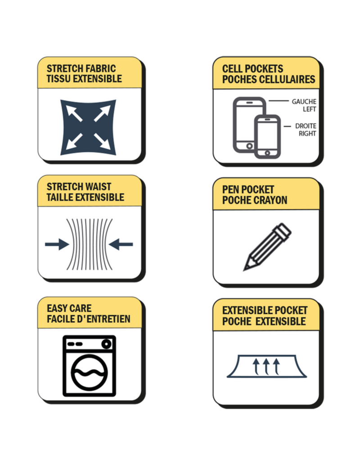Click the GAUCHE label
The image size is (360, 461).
pyautogui.click(x=304, y=101)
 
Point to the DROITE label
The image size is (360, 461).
pyautogui.click(x=306, y=126)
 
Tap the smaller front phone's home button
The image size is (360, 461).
pyautogui.click(x=267, y=153)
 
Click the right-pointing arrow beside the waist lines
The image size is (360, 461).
pyautogui.click(x=57, y=244)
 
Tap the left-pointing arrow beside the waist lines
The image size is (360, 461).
pyautogui.click(x=121, y=244)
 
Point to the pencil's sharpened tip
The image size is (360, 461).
pyautogui.click(x=245, y=269)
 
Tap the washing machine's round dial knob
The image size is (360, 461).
pyautogui.click(x=106, y=343)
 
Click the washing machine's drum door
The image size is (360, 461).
pyautogui.click(x=89, y=372)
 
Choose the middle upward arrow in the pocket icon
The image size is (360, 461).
pyautogui.click(x=266, y=366)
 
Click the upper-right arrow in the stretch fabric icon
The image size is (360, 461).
pyautogui.click(x=102, y=113)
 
